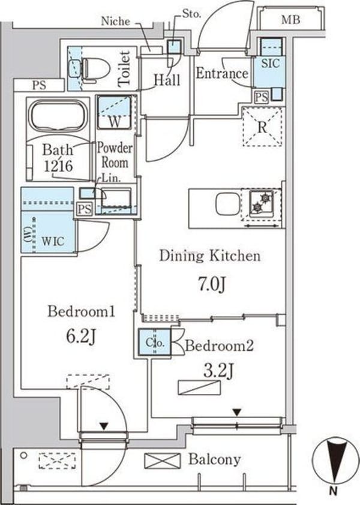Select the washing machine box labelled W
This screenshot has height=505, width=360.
click(x=114, y=112)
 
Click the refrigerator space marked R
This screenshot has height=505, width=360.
click(x=262, y=127)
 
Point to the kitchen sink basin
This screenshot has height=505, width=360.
click(x=228, y=203)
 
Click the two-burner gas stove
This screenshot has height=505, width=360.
click(x=262, y=203)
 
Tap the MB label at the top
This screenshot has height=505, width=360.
click(x=291, y=20)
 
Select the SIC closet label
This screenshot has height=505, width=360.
click(x=270, y=63)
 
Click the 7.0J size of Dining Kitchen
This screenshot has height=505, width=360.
click(x=211, y=285)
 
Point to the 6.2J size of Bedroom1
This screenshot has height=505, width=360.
click(x=80, y=336)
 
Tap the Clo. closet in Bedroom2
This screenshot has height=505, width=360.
click(x=155, y=342)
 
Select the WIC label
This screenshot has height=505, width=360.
click(x=53, y=241)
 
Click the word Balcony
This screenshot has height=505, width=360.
click(x=215, y=459)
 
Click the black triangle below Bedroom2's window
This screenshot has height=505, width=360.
click(x=237, y=412)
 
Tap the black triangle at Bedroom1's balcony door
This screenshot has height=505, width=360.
click(x=103, y=426)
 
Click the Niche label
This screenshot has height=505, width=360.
click(x=115, y=21)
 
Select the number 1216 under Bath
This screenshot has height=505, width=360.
click(x=58, y=166)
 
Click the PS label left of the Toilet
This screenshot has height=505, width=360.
click(x=39, y=85)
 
